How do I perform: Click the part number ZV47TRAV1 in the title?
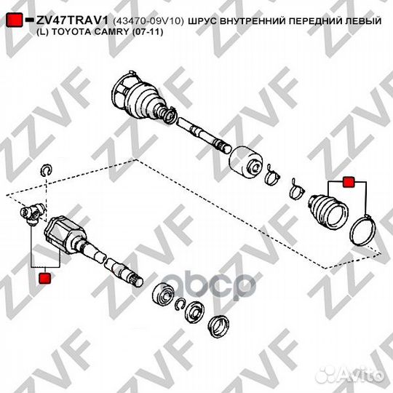72,20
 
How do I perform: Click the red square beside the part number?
15,20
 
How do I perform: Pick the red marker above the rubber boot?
348,182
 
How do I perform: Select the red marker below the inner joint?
45,278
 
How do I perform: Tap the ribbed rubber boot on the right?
327,211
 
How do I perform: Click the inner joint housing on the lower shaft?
65,235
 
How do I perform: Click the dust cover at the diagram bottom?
218,325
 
